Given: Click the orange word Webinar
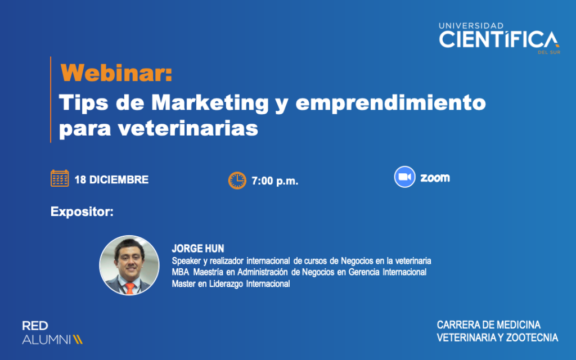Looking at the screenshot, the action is pos(116,73).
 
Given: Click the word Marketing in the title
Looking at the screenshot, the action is pos(210,103).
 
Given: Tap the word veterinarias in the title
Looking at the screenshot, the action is pos(188,128).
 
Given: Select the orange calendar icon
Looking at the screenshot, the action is pos(60,178).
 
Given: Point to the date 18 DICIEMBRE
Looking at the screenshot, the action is pos(111,179).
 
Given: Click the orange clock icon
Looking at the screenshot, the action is pos(237,181).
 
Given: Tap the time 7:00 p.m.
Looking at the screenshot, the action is pos(274,181).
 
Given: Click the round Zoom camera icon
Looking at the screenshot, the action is pos(404,177).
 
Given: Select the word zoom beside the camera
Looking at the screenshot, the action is pos(435,178).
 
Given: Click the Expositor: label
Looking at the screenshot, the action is pos(82,211).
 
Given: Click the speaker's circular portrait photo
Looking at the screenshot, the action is pos(129,265).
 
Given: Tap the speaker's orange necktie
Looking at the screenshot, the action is pos(130,288).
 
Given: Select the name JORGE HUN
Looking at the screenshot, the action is pos(197,249).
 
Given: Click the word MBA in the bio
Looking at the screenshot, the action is pos(181,272).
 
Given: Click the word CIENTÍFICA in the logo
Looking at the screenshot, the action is pos(499,39).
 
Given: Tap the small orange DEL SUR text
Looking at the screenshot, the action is pos(549,52).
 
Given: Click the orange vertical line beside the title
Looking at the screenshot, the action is pos(51,100).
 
